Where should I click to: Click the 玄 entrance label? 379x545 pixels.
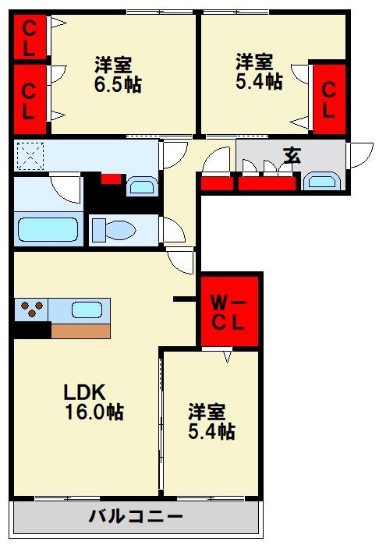point(292,155)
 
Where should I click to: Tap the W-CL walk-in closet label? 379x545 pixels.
point(229,310)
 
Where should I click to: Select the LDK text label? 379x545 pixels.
point(84,392)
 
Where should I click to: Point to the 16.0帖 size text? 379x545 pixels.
point(94,412)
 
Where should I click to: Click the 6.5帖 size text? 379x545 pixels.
point(118,83)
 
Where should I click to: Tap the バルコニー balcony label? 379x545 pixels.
point(136,517)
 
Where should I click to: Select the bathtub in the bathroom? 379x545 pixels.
point(48,231)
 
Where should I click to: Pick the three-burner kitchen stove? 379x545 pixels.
point(31,309)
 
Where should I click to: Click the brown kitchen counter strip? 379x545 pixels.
point(80,330)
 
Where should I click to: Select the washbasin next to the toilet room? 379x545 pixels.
point(141,187)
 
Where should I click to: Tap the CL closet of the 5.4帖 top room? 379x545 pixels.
point(328,100)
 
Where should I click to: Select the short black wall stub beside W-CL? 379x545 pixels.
point(185,298)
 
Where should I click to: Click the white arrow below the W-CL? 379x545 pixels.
point(227,357)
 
